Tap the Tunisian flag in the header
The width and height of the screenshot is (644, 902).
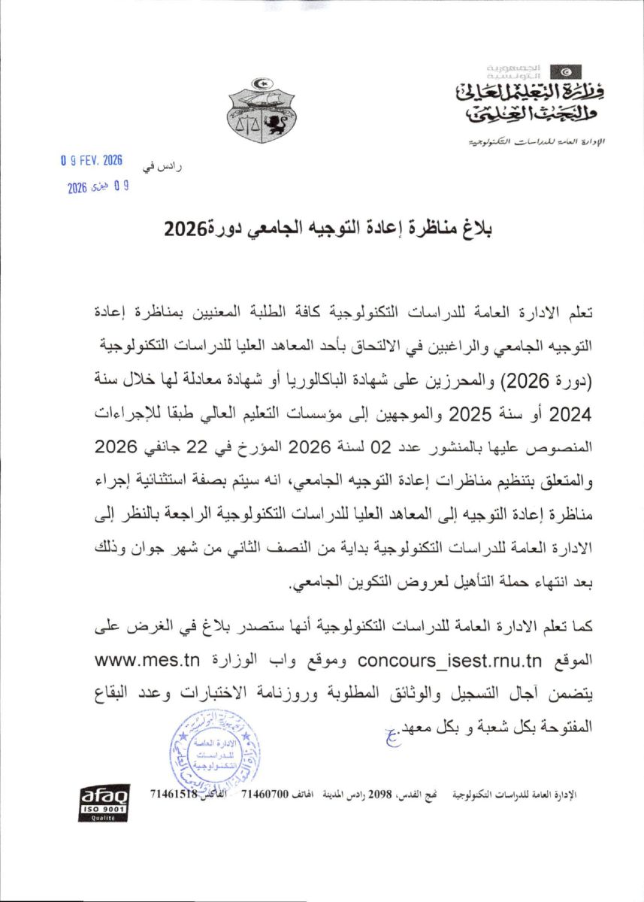point(565,72)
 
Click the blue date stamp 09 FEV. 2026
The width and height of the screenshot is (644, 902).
point(91,161)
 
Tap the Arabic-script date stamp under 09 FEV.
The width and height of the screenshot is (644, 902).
point(94,187)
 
